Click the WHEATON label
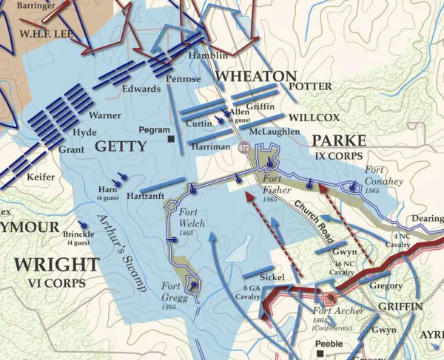255,76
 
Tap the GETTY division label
121,146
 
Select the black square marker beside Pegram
172,138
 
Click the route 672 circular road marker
244,148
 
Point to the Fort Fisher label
274,182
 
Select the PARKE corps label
337,140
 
